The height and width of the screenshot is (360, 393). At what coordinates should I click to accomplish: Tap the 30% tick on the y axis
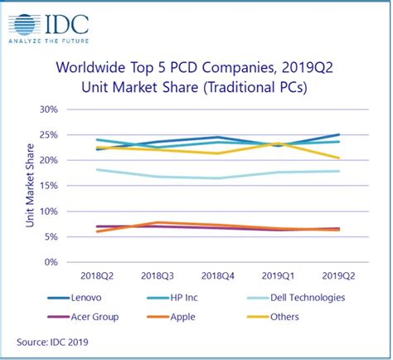tap(48, 109)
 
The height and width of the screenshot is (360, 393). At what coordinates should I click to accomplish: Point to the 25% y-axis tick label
tap(48, 135)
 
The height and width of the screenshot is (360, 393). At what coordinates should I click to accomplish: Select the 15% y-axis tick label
tap(48, 186)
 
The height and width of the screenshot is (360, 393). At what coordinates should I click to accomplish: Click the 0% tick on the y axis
tap(51, 262)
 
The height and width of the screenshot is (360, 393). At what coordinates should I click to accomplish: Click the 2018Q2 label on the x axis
tap(98, 275)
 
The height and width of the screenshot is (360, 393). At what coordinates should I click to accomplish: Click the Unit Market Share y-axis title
tap(31, 186)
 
